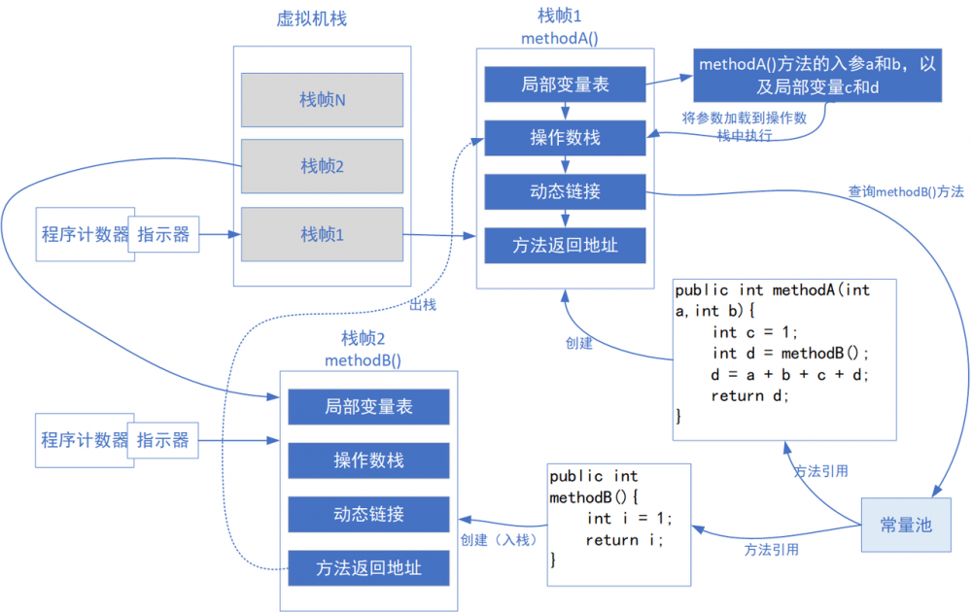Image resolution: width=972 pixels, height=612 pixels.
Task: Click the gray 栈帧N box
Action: pyautogui.click(x=322, y=100)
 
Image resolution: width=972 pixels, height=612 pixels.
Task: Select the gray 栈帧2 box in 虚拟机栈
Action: pyautogui.click(x=322, y=166)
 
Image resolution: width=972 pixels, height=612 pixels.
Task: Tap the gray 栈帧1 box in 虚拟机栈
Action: pyautogui.click(x=322, y=234)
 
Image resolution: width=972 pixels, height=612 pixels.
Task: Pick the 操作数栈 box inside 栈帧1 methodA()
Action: pyautogui.click(x=565, y=137)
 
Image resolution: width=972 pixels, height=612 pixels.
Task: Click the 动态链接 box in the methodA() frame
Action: pyautogui.click(x=565, y=190)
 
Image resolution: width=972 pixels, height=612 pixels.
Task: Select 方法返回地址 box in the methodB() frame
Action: pyautogui.click(x=368, y=567)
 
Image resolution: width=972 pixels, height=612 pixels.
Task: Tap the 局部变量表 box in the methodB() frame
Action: pyautogui.click(x=368, y=407)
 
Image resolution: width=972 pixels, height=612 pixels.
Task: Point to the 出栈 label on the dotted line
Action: pyautogui.click(x=423, y=305)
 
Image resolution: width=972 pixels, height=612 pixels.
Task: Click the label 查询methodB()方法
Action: pyautogui.click(x=906, y=192)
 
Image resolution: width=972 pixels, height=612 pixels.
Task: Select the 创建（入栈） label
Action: pyautogui.click(x=496, y=540)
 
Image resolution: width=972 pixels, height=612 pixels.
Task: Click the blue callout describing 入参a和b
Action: pyautogui.click(x=817, y=76)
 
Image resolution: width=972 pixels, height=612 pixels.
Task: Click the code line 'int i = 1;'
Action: pyautogui.click(x=629, y=519)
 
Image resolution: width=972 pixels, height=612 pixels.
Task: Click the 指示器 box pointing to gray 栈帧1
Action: pyautogui.click(x=163, y=234)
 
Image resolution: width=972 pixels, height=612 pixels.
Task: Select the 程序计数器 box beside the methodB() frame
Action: pyautogui.click(x=85, y=440)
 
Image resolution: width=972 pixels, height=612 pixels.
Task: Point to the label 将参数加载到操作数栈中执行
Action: pyautogui.click(x=745, y=126)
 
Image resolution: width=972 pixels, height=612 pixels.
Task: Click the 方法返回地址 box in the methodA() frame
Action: pyautogui.click(x=565, y=245)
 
